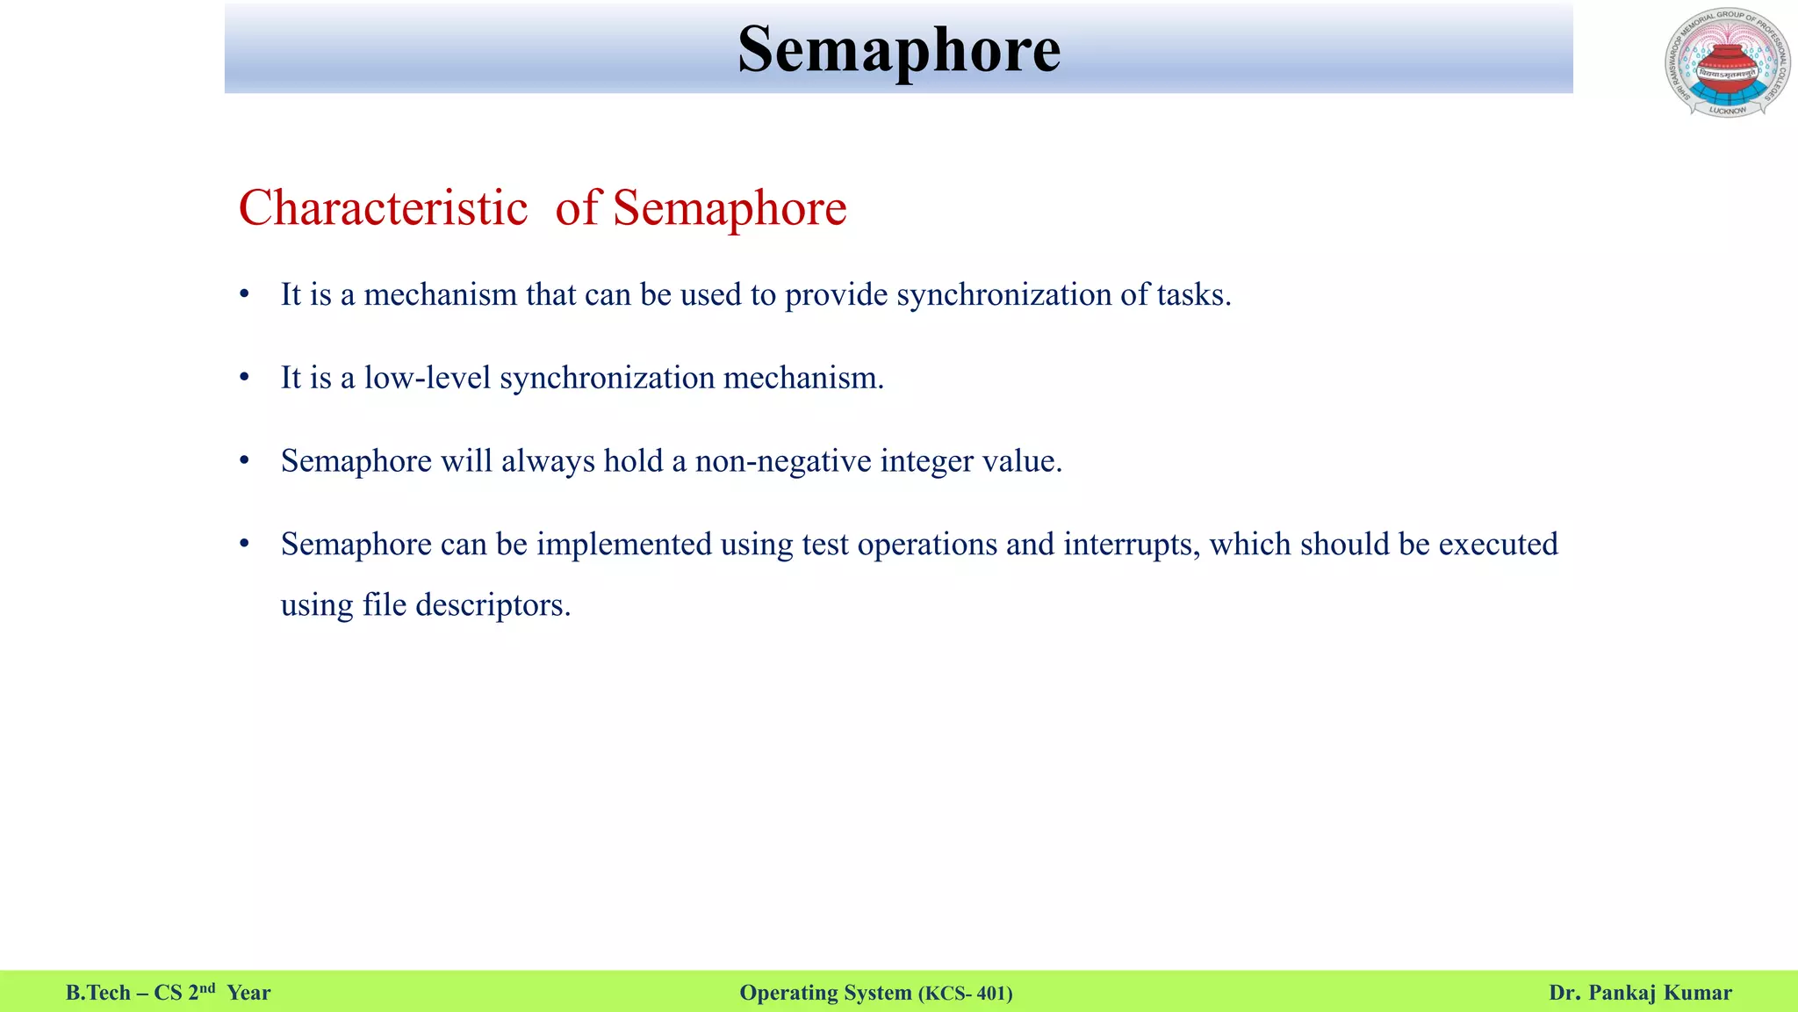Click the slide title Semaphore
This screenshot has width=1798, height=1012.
[898, 50]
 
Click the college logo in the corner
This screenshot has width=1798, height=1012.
[1727, 62]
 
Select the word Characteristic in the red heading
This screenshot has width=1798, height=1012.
[383, 208]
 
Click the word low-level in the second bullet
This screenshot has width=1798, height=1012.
[427, 378]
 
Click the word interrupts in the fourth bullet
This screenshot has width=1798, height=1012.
[1131, 545]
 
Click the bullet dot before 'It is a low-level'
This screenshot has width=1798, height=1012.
[245, 378]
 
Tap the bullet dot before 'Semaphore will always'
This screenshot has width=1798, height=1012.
[245, 461]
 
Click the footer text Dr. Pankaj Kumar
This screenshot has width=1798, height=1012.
[1640, 993]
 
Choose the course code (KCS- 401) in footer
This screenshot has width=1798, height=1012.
[966, 994]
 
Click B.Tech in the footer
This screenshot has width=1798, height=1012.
[97, 993]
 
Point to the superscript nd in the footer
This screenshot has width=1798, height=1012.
[207, 988]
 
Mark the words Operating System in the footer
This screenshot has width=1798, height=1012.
[825, 993]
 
